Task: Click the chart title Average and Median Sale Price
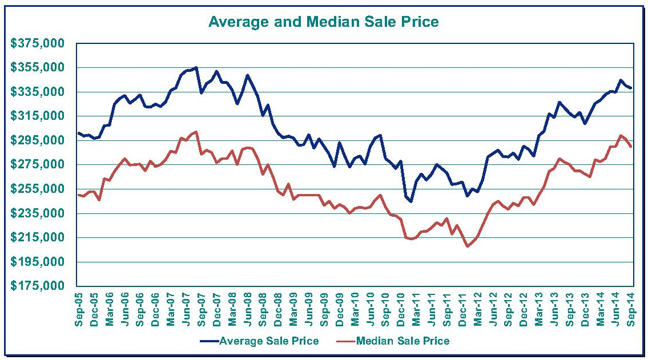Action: click(x=323, y=22)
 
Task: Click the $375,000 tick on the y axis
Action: click(x=38, y=44)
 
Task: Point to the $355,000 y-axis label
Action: click(x=38, y=68)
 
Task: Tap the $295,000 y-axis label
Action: click(x=38, y=140)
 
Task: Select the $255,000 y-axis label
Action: click(x=38, y=189)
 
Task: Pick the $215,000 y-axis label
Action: click(x=38, y=237)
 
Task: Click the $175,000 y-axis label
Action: click(x=38, y=286)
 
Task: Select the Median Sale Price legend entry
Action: click(x=403, y=341)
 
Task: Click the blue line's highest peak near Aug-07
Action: click(x=196, y=67)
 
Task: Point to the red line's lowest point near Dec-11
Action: click(x=467, y=246)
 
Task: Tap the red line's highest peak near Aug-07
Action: click(x=196, y=132)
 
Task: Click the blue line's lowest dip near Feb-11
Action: click(x=410, y=201)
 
